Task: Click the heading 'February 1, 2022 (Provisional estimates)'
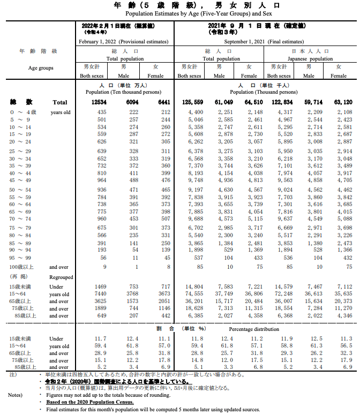pos(124,42)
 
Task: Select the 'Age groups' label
pos(41,68)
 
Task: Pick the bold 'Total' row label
pos(59,102)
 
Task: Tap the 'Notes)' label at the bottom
pos(16,395)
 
